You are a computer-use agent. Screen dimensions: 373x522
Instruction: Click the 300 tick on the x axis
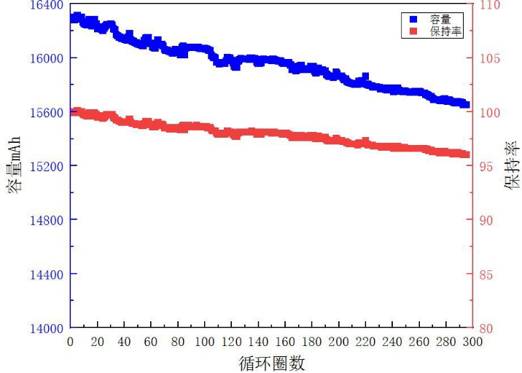[x=473, y=341]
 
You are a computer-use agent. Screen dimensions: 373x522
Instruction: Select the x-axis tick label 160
[x=285, y=341]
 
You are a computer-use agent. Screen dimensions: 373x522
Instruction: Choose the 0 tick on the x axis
[x=70, y=341]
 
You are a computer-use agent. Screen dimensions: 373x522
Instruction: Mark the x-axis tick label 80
[x=178, y=341]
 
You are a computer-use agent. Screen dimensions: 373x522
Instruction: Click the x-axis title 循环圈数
[x=271, y=361]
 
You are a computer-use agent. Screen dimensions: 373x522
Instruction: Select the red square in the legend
[x=413, y=31]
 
